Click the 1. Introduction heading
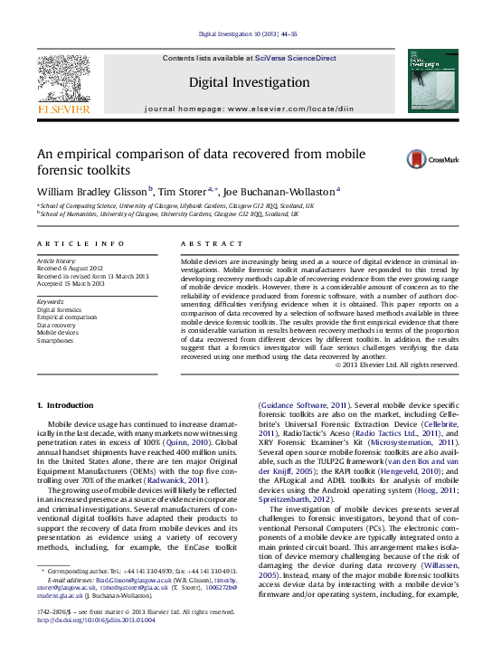(x=68, y=402)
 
